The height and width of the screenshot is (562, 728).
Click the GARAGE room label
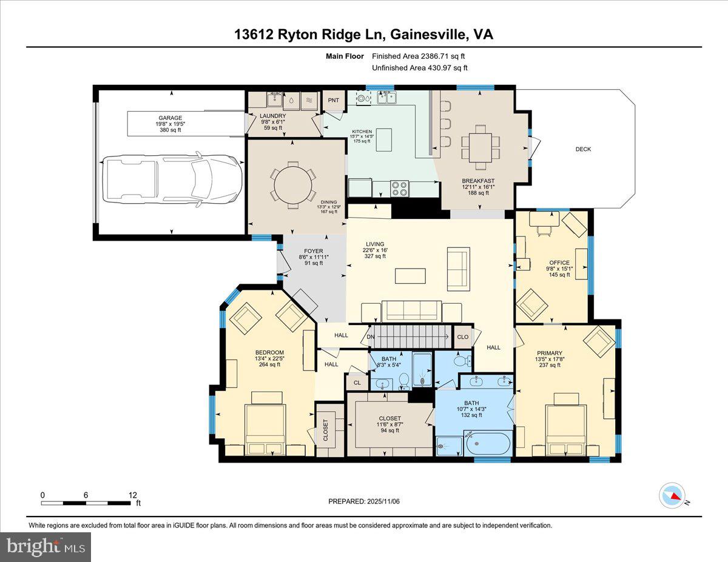(x=170, y=118)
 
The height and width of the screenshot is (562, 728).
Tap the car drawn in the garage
(x=172, y=179)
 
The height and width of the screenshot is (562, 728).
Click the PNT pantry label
(x=333, y=100)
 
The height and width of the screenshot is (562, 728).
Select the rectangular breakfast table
(x=480, y=146)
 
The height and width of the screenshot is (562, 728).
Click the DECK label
(x=583, y=149)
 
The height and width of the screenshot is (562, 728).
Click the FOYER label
(x=314, y=251)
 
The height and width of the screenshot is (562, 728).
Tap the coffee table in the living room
(x=410, y=276)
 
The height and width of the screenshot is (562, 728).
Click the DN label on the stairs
(x=371, y=337)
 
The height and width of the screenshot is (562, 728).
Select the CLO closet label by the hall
(x=463, y=337)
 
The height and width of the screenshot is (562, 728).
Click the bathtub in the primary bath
(x=488, y=443)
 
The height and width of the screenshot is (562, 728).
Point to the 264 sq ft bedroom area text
(x=269, y=364)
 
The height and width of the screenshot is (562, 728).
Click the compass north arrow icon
(x=672, y=495)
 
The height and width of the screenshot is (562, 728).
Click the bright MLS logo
(x=46, y=547)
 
